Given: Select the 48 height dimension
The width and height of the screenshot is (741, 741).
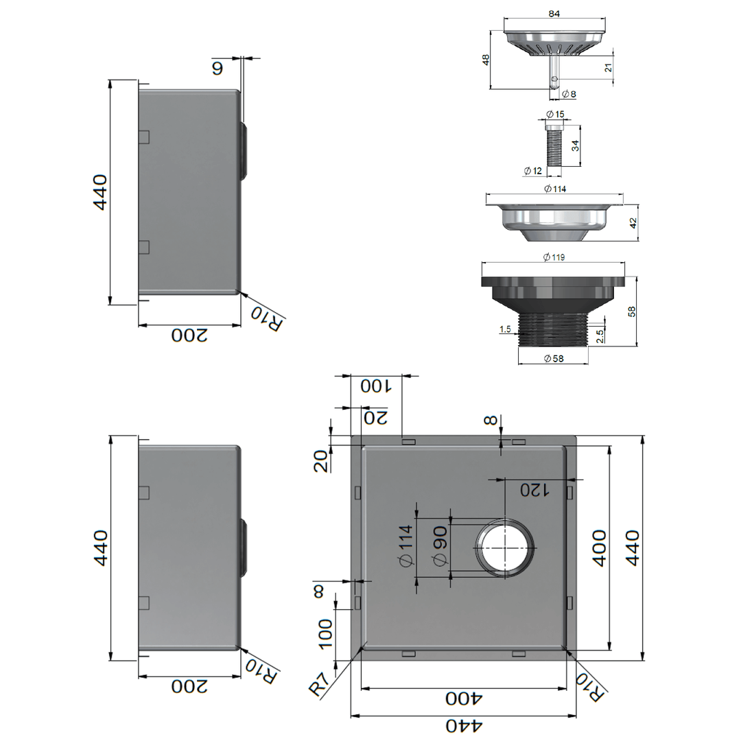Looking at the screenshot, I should (x=486, y=60).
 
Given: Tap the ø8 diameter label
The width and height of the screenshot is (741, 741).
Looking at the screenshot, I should (x=568, y=94).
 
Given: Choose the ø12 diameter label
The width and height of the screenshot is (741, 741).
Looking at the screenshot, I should (x=532, y=170).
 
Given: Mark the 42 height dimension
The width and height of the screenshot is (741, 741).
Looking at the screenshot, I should (x=633, y=223).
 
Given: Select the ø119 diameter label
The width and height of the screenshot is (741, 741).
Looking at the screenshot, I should (x=553, y=257).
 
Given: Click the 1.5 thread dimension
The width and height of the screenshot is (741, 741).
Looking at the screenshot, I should (x=505, y=330).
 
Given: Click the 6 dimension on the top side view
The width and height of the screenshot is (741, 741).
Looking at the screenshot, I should (x=217, y=69).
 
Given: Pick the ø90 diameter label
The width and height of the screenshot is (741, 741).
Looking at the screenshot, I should (x=440, y=545).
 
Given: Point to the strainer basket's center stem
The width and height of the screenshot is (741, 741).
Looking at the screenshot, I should (x=554, y=71).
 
